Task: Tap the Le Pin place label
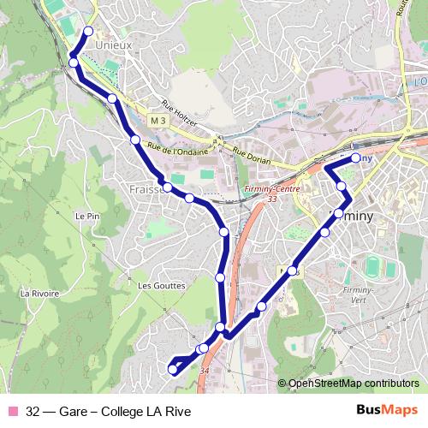[88, 216]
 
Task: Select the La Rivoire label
[39, 293]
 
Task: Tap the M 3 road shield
[156, 121]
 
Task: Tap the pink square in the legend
[11, 410]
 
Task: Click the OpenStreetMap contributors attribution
[353, 383]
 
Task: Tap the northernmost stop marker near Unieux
[87, 33]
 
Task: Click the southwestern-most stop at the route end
[173, 370]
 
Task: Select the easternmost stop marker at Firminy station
[356, 158]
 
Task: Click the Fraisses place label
[144, 189]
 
